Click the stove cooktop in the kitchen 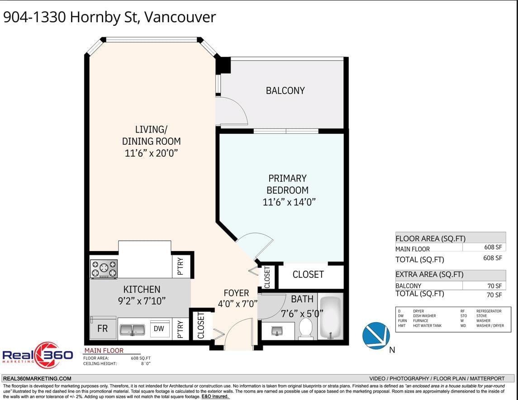tap(104, 269)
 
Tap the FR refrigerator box tap(103, 328)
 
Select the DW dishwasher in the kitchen tap(159, 329)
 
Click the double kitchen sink tap(132, 330)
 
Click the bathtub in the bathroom tap(330, 318)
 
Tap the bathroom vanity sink tap(277, 330)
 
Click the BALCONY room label tap(285, 90)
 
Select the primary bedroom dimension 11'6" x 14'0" tap(289, 202)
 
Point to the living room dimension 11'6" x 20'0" tap(151, 153)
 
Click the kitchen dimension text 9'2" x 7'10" tap(142, 301)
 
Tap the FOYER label tap(236, 293)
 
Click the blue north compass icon tap(376, 336)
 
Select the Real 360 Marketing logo tap(38, 355)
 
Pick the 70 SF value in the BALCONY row tap(494, 286)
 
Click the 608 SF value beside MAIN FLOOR tap(493, 247)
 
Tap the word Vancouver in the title tap(180, 17)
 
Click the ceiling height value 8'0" tap(146, 364)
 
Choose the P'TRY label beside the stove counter tap(181, 267)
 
